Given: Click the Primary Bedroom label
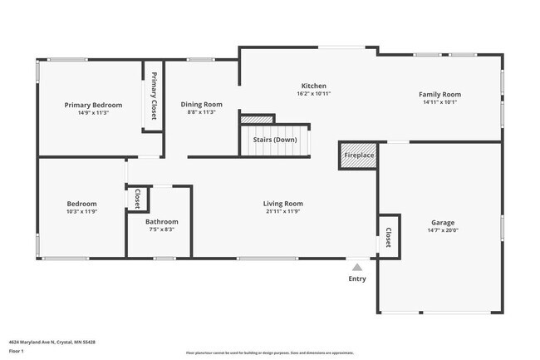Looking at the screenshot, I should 93,105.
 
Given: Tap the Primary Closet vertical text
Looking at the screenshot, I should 154,96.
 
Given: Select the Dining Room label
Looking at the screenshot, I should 201,104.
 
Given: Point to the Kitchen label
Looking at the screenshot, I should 313,86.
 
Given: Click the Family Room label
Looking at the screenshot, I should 439,95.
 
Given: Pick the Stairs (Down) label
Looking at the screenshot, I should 275,140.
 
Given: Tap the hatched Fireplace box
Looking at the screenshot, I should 359,155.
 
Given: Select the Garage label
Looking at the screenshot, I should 443,222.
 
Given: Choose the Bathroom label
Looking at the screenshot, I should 161,222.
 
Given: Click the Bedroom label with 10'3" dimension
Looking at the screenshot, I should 81,204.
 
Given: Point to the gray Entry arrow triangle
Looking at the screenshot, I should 357,267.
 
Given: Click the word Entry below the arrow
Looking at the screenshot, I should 357,279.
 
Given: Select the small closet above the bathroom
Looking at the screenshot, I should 137,199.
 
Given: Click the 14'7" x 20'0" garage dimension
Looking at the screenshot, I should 443,230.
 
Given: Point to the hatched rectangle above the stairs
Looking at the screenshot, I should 257,120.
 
